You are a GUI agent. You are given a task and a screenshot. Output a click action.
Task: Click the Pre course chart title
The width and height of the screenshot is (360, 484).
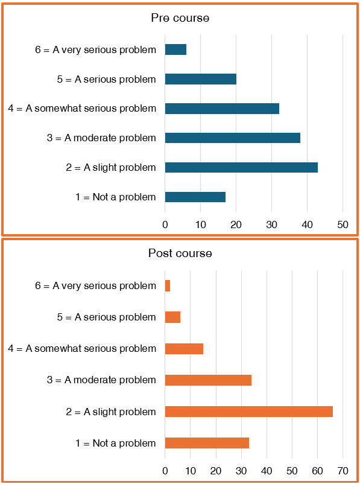coord(180,18)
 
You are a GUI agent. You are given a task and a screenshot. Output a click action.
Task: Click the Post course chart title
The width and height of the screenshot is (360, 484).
coord(180,253)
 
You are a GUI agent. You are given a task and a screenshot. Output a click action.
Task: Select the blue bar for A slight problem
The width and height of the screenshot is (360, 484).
coord(241,167)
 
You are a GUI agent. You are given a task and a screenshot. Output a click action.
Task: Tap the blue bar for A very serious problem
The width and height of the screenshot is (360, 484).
coord(175,49)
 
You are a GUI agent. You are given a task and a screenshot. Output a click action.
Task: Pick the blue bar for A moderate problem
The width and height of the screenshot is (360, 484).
coord(232,138)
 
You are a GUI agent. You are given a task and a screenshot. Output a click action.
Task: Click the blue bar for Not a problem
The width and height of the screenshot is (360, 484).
coord(195,197)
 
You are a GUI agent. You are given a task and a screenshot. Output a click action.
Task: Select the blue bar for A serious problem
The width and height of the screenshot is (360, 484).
coord(200,79)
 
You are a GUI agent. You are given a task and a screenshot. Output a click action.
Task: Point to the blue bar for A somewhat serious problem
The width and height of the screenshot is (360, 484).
coord(222,109)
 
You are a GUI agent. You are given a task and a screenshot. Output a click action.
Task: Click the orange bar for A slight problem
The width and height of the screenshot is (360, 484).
coord(248,412)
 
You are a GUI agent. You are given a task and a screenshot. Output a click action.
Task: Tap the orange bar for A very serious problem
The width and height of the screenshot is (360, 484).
coord(168,285)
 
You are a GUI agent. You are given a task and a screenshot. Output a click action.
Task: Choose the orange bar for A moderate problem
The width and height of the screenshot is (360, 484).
coord(208,380)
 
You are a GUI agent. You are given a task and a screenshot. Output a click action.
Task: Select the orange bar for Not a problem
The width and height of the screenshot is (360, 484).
coord(207,443)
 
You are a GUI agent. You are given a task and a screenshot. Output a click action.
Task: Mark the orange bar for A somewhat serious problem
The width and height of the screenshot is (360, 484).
coord(184,349)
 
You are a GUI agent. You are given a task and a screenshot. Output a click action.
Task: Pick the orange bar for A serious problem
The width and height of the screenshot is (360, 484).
coord(172,317)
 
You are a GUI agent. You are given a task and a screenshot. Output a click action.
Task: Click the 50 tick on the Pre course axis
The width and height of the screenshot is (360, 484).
coord(343,225)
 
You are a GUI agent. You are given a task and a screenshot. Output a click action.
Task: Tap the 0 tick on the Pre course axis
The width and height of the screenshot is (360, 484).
coord(165,225)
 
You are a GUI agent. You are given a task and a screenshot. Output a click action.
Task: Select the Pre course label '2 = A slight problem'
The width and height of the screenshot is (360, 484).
coord(111,167)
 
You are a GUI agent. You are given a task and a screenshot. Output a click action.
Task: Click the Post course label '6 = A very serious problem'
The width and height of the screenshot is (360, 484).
coord(95,285)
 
